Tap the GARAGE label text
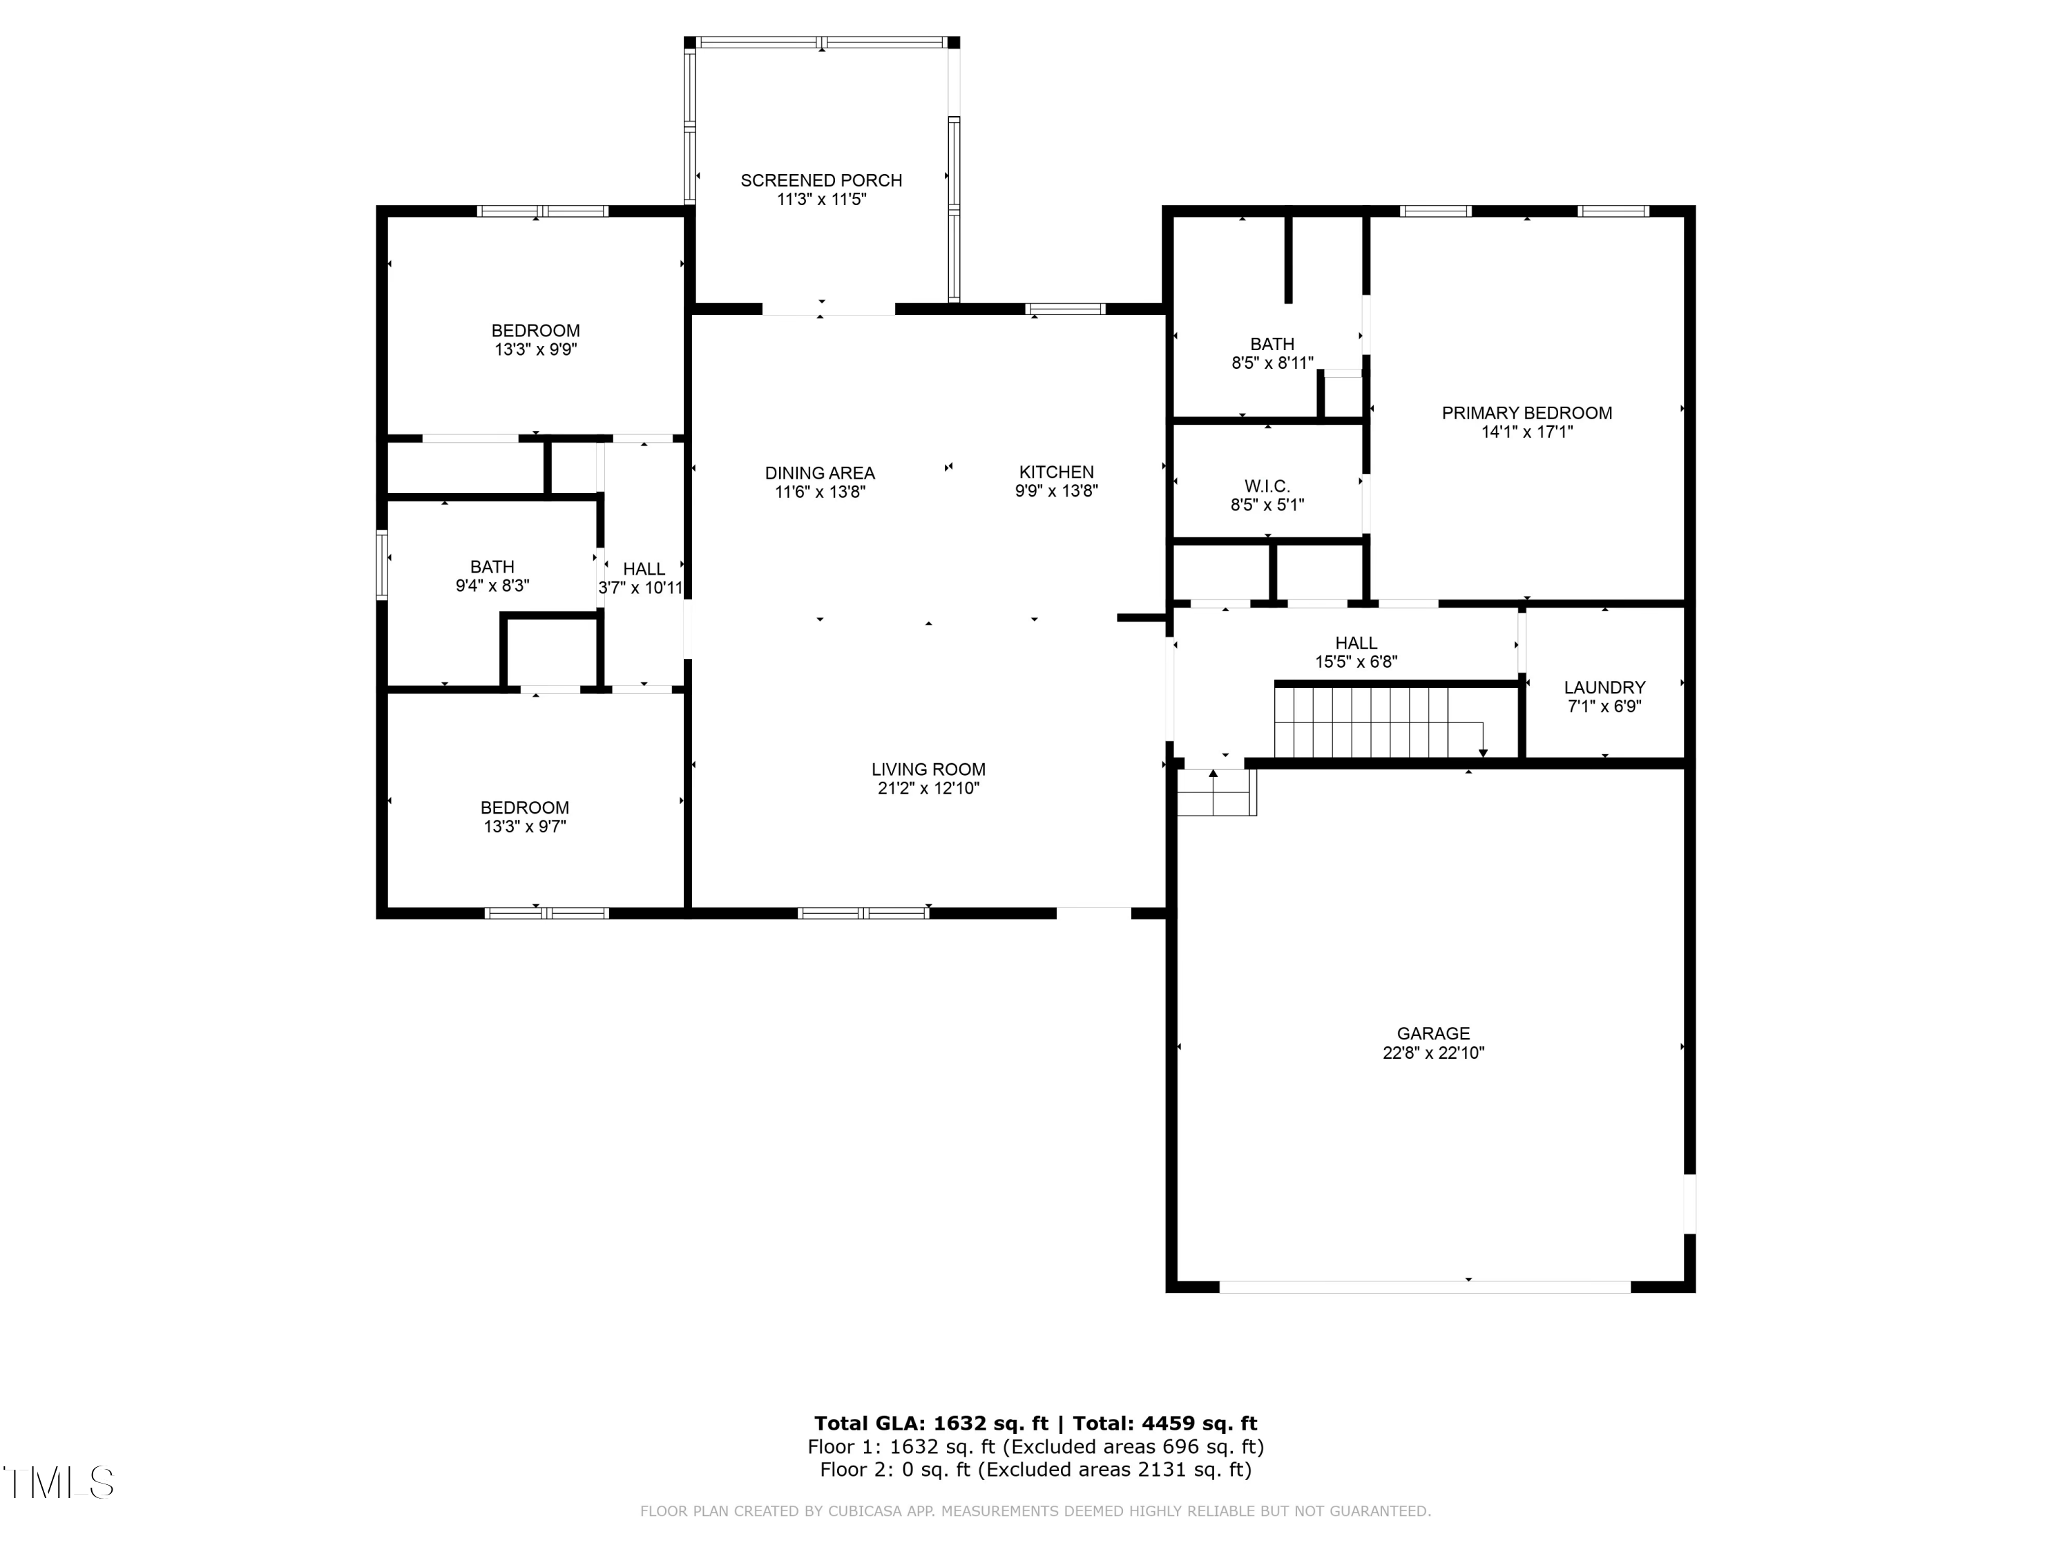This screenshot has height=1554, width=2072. (1433, 1034)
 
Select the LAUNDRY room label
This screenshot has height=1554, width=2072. (1604, 687)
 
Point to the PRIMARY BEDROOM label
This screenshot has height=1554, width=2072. (1527, 413)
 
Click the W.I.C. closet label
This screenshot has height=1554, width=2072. (1267, 486)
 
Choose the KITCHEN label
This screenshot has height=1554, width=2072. (1057, 472)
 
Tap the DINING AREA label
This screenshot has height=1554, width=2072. (820, 473)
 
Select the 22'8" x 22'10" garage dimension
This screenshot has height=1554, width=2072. (1433, 1053)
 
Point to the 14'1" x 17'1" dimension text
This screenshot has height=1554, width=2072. (1527, 432)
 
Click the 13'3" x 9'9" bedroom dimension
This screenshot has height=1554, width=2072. (536, 349)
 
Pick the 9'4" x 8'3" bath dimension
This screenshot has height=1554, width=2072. (492, 586)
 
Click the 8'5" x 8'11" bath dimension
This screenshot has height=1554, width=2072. (1272, 363)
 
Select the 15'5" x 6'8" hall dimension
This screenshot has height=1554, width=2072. (1356, 662)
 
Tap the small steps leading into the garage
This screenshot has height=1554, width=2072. (1216, 792)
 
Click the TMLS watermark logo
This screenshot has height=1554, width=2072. (58, 1483)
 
